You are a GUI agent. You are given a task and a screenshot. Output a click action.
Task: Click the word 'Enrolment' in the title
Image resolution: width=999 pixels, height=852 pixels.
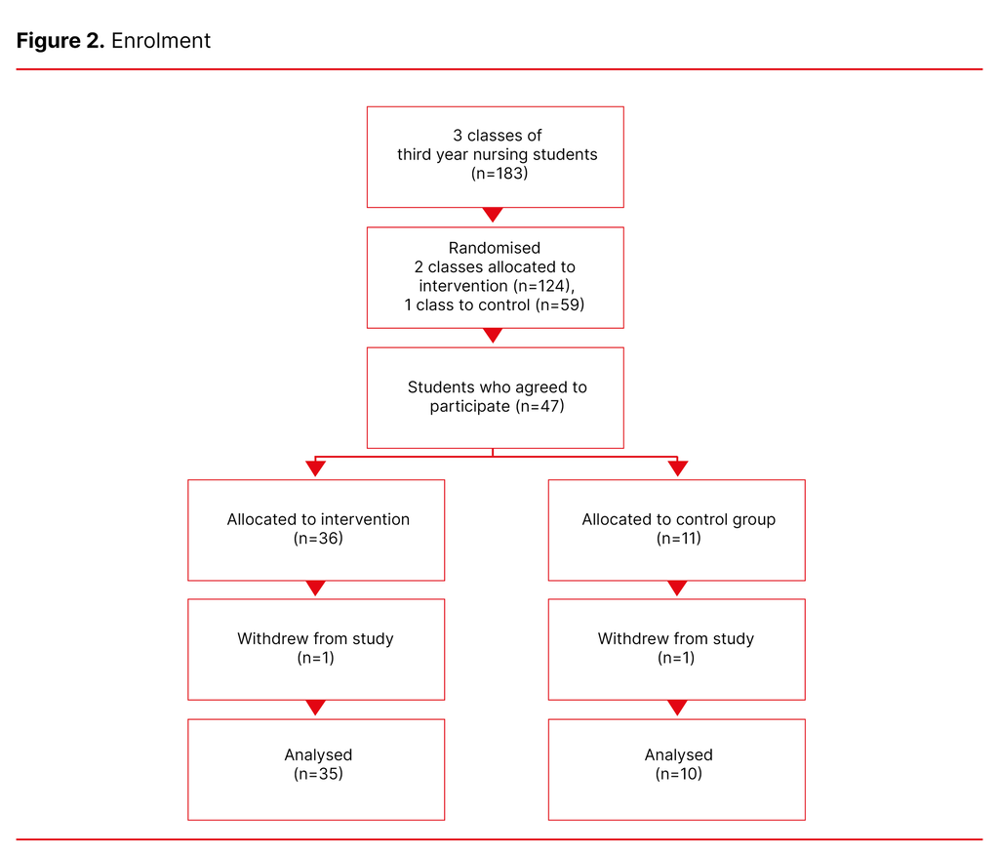[161, 41]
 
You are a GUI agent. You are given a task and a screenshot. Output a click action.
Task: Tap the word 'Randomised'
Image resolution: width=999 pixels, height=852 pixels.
[495, 248]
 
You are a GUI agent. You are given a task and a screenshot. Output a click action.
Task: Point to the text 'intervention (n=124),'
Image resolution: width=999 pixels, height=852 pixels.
[496, 286]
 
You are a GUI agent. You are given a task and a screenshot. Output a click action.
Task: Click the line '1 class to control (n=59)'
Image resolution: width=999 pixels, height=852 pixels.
[495, 305]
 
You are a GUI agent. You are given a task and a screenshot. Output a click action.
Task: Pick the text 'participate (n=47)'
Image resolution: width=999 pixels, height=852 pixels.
[497, 406]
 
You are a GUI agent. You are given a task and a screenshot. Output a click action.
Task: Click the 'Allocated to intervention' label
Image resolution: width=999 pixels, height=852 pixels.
[318, 519]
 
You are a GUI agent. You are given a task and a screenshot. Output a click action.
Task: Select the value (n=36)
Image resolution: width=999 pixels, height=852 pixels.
[318, 539]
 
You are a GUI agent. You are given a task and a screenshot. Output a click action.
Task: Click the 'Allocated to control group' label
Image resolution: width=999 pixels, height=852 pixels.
[678, 519]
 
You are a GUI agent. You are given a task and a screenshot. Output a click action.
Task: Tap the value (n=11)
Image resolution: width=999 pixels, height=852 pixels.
[678, 539]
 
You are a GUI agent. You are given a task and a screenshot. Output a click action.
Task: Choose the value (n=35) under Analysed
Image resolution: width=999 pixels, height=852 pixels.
[318, 774]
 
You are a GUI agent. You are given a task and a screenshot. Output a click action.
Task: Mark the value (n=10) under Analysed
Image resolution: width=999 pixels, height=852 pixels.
[678, 774]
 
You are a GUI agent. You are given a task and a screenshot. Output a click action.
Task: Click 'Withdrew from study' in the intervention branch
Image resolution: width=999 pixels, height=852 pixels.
[315, 639]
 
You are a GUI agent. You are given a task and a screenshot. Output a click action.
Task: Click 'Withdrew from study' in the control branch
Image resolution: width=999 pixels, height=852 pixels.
[676, 639]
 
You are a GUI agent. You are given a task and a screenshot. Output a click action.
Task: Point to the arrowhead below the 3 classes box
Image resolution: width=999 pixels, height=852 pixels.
[494, 215]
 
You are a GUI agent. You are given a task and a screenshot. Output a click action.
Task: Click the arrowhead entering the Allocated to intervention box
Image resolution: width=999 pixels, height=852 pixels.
[315, 468]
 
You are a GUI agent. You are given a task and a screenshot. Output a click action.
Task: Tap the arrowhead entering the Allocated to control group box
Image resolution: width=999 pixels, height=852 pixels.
[677, 468]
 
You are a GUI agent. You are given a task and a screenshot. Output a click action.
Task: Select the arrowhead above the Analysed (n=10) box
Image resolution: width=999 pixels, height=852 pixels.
[677, 708]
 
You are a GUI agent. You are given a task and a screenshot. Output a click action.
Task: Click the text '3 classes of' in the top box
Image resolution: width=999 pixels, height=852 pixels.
[497, 136]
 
